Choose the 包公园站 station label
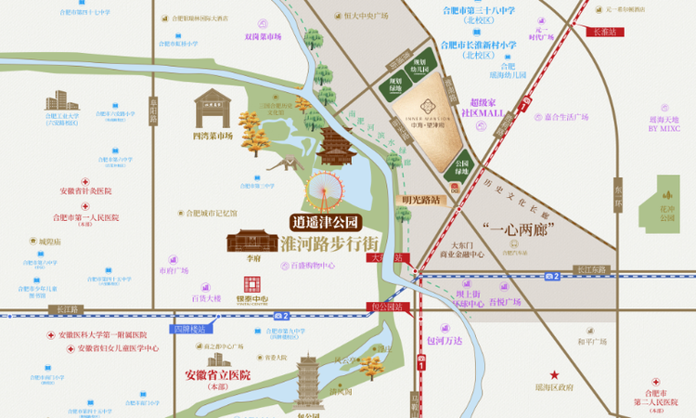coord(389,305)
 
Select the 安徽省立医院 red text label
coord(213,375)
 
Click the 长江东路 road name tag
coord(590,269)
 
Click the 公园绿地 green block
coord(462,169)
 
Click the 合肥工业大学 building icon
coord(58,99)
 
